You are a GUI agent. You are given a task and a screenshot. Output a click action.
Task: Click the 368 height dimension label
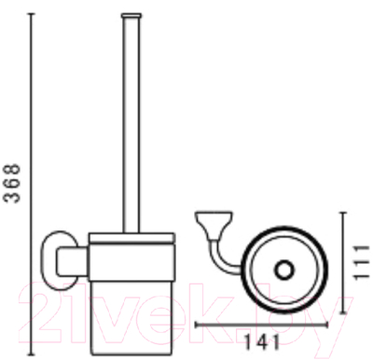(x=12, y=184)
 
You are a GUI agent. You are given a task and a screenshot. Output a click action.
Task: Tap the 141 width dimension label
(x=262, y=342)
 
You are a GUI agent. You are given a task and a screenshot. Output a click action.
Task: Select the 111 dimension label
(x=362, y=262)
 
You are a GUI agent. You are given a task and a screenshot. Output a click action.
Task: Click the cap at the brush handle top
(x=131, y=15)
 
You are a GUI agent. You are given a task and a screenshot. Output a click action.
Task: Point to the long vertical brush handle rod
(x=131, y=124)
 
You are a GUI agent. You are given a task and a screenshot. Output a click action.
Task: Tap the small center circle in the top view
(x=283, y=270)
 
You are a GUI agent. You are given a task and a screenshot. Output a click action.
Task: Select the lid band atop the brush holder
(x=132, y=238)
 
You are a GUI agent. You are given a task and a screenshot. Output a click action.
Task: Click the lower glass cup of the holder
(x=132, y=317)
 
